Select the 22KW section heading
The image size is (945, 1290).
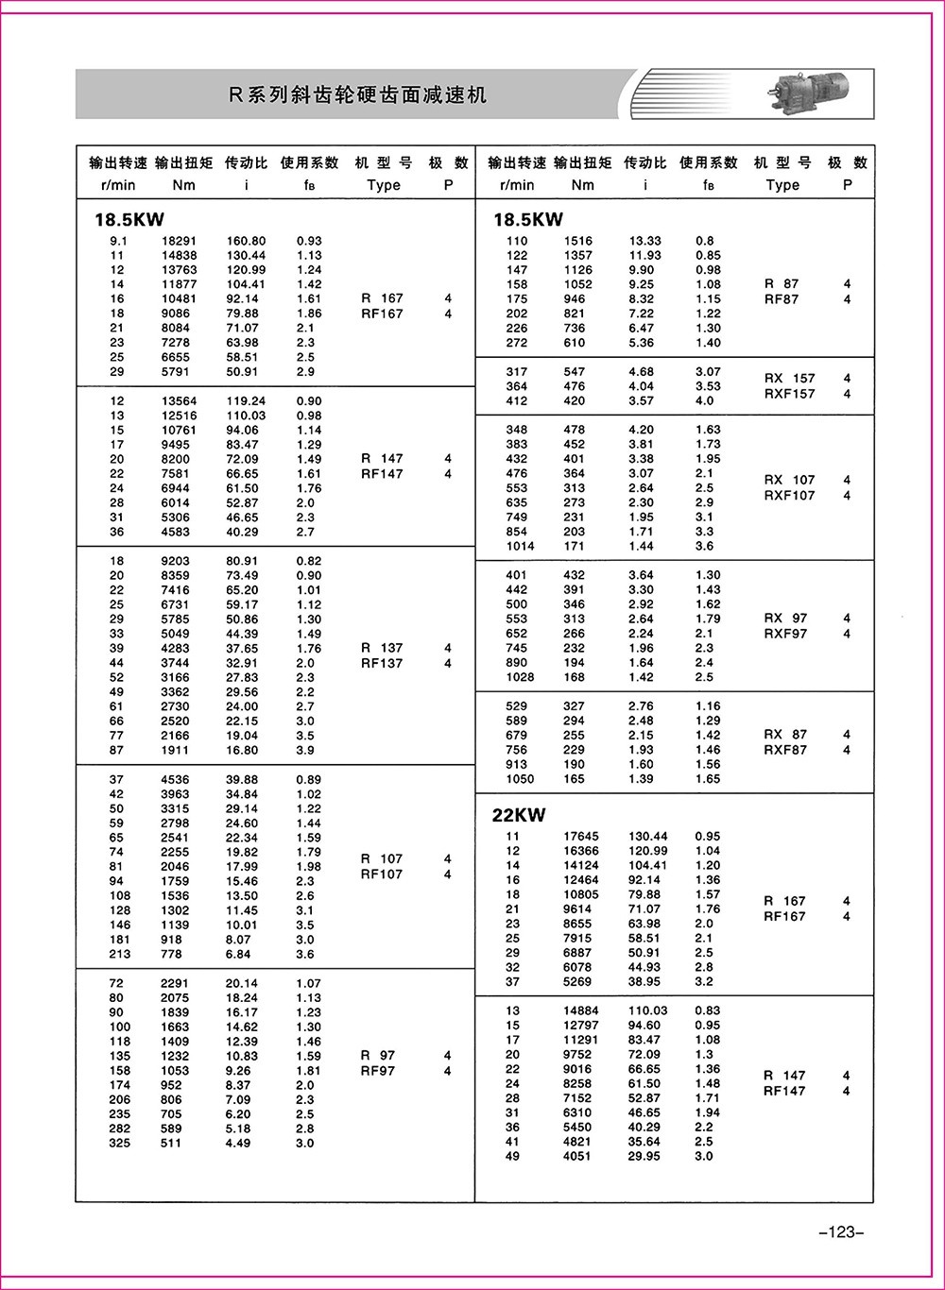[x=519, y=815]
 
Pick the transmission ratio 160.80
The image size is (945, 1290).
[x=246, y=241]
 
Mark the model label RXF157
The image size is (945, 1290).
[x=789, y=394]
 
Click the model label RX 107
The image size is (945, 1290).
[x=789, y=480]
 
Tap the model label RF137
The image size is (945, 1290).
[x=382, y=663]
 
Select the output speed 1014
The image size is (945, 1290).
[x=519, y=546]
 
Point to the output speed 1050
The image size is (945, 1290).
[x=519, y=779]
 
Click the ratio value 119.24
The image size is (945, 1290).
[x=246, y=400]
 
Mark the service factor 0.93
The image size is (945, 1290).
[x=309, y=241]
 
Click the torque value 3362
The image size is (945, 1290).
[x=175, y=692]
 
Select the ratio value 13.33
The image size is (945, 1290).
[x=645, y=241]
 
